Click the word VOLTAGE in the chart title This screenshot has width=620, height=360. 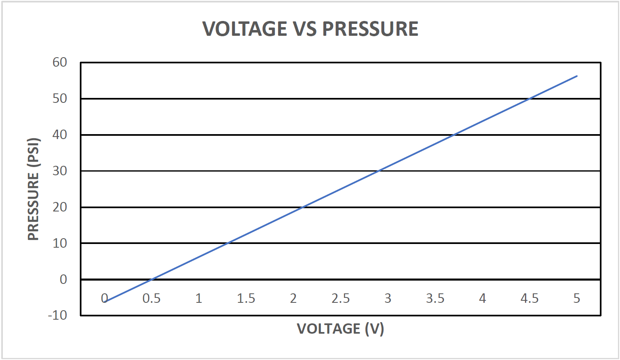click(245, 29)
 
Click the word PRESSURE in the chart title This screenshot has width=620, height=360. click(370, 29)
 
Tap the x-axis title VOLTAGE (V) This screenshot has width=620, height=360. click(340, 329)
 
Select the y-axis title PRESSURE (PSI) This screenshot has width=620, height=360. click(33, 189)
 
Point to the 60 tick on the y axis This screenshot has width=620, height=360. click(60, 62)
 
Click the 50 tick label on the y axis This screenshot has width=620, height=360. click(60, 98)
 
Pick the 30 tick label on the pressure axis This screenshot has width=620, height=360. click(60, 171)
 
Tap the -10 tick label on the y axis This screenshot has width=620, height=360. click(58, 315)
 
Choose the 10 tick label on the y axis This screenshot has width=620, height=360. click(60, 243)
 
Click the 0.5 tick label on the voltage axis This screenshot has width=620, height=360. click(151, 298)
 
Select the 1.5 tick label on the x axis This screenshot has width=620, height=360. click(246, 298)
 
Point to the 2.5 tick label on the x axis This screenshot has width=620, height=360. click(341, 298)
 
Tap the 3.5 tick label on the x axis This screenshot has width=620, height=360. click(435, 298)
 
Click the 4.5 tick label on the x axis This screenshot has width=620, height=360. click(529, 298)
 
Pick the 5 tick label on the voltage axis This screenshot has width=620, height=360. click(577, 298)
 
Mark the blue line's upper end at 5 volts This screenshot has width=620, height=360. click(577, 76)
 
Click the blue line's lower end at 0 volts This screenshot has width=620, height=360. click(105, 302)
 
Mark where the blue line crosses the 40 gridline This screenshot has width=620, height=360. click(454, 135)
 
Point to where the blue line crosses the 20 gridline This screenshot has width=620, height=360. click(302, 207)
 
